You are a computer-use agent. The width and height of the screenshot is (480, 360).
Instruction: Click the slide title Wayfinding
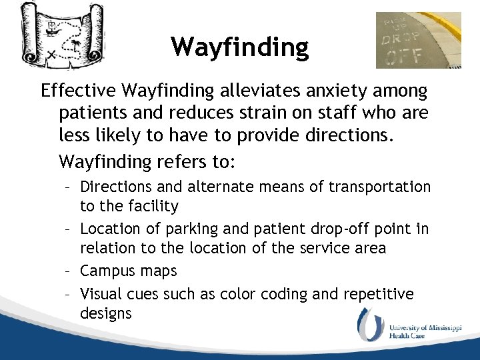pos(239,47)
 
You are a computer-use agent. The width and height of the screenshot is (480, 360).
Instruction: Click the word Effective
pos(77,90)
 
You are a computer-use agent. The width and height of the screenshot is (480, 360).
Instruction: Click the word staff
pos(320,113)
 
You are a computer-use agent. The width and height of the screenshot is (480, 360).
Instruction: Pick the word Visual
pos(101,294)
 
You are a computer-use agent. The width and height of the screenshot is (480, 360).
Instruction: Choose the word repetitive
pos(379,294)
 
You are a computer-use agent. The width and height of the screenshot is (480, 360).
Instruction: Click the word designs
pos(106,313)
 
